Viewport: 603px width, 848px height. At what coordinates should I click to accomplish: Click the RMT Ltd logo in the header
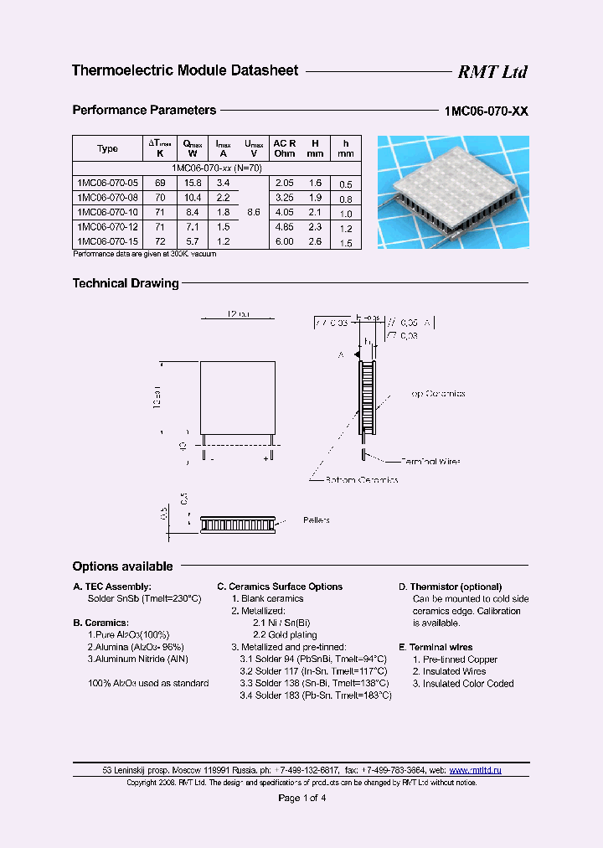tap(492, 72)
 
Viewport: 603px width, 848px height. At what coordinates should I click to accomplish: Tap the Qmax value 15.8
tap(193, 182)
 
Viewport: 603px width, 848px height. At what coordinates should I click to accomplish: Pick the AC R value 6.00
tap(284, 241)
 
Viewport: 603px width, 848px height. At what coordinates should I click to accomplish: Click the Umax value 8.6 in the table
tap(255, 212)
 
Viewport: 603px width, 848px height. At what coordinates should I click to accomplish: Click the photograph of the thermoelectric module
tap(453, 192)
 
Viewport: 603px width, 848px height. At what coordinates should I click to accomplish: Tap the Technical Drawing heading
tap(126, 284)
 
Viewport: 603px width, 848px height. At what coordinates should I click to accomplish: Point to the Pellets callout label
tap(316, 520)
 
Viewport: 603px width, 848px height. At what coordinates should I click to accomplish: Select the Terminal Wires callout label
tap(430, 461)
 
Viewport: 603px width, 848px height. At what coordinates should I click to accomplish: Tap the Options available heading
tap(122, 566)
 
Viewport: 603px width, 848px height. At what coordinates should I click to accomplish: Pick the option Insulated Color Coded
tap(463, 684)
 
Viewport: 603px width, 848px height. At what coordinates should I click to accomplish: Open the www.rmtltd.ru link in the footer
tap(475, 769)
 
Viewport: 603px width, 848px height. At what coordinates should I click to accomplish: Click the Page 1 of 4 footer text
tap(301, 798)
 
